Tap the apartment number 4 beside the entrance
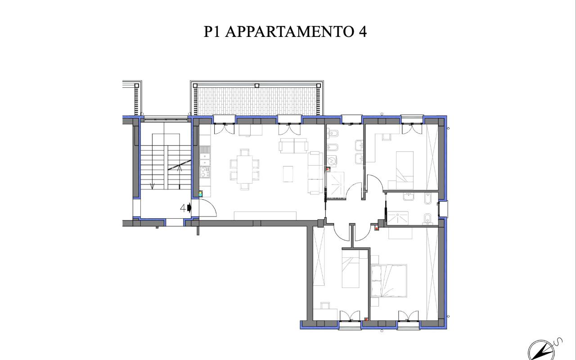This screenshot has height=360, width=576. click(x=183, y=208)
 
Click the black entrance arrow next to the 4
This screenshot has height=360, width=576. click(x=189, y=208)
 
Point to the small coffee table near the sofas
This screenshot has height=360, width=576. click(x=288, y=174)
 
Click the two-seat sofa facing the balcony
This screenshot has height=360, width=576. click(x=293, y=146)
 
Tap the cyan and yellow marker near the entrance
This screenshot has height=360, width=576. click(x=200, y=193)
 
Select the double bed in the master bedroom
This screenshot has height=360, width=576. click(x=389, y=280)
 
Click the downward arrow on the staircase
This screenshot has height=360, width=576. click(x=153, y=185)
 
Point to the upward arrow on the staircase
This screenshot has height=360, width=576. click(x=180, y=168)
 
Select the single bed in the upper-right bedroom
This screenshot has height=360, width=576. click(x=404, y=169)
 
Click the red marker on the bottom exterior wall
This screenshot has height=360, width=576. click(x=366, y=319)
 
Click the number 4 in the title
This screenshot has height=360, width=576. click(x=362, y=31)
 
